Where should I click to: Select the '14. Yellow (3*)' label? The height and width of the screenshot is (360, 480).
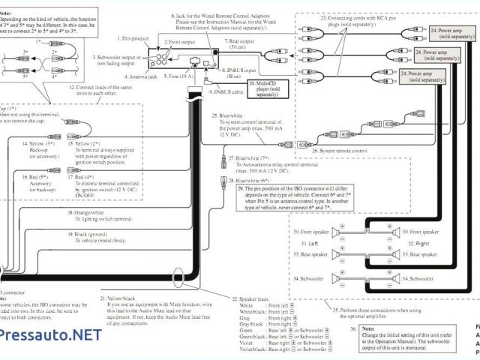coord(37,142)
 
